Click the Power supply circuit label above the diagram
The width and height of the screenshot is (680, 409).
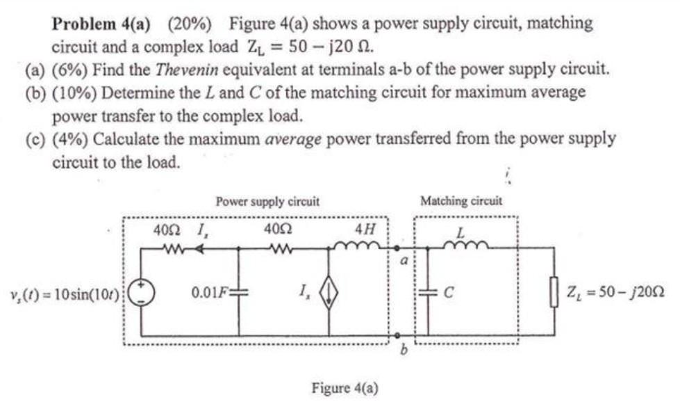tap(267, 202)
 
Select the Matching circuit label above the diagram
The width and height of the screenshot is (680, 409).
tap(461, 202)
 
